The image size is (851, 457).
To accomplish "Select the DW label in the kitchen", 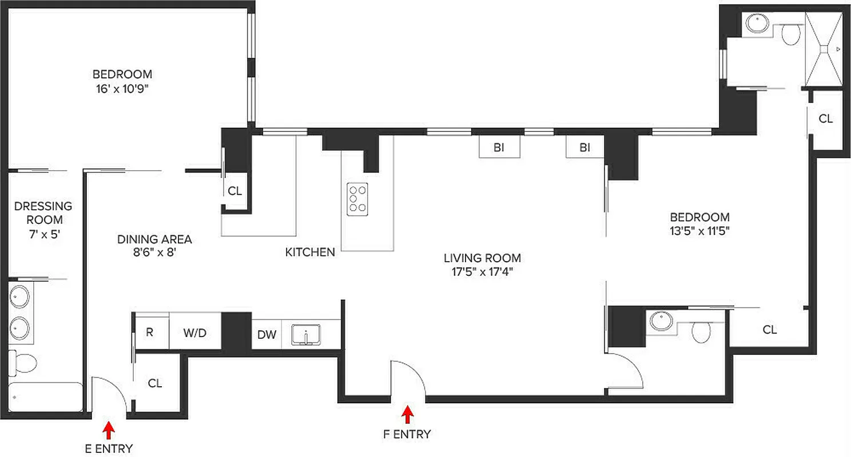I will tap(267, 335).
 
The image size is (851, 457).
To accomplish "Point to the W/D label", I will tap(194, 332).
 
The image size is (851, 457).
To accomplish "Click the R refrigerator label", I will tap(149, 331).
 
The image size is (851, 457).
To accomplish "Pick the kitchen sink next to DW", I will tap(307, 335).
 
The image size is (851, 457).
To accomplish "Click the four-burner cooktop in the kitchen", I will tap(358, 199).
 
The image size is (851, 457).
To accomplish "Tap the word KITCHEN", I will tap(310, 252).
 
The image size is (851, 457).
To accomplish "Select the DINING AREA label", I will tap(154, 239).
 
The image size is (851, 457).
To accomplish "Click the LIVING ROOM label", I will tap(482, 258).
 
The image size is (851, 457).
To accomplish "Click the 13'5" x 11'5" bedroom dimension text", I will tap(699, 231).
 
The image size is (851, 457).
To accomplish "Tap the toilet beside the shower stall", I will tap(791, 35).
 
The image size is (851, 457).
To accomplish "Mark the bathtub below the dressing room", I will tap(46, 396).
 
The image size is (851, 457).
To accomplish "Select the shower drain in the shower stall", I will tap(824, 50).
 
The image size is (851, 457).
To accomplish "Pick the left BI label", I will tap(499, 148).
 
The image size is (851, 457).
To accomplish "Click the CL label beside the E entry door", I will tap(155, 383).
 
